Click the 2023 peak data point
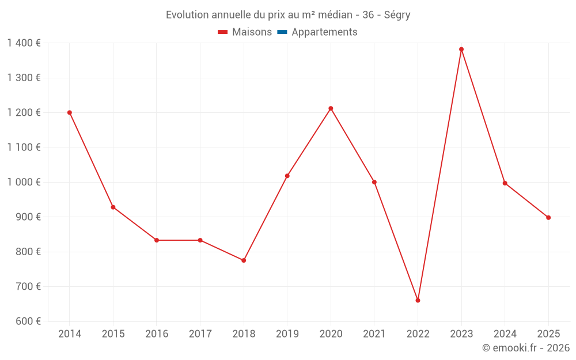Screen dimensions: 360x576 (x=461, y=49)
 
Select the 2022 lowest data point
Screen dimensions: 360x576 (x=418, y=300)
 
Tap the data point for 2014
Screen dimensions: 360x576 (x=70, y=112)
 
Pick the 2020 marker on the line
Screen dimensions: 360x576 (x=331, y=108)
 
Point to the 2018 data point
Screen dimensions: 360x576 (x=244, y=260)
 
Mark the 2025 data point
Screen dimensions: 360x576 (x=548, y=218)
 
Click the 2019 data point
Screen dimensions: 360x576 (x=287, y=176)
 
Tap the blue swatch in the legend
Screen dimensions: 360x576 (x=282, y=32)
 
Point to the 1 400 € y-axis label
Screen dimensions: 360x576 (x=24, y=43)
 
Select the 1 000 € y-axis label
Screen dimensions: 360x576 (x=24, y=182)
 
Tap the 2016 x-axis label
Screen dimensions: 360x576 (x=157, y=334)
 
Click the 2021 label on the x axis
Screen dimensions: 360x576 (x=374, y=334)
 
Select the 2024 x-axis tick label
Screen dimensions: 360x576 (x=505, y=334)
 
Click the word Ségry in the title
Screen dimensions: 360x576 (x=397, y=15)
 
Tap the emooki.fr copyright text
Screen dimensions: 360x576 (x=525, y=348)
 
